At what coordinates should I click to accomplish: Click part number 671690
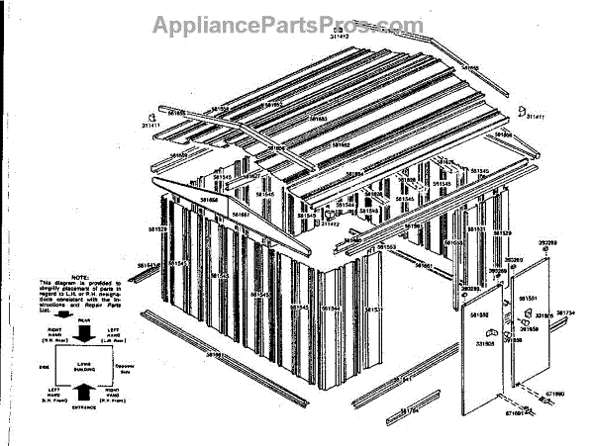point(555,394)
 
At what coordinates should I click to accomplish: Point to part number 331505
point(485,344)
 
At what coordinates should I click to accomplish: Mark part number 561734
point(565,312)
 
